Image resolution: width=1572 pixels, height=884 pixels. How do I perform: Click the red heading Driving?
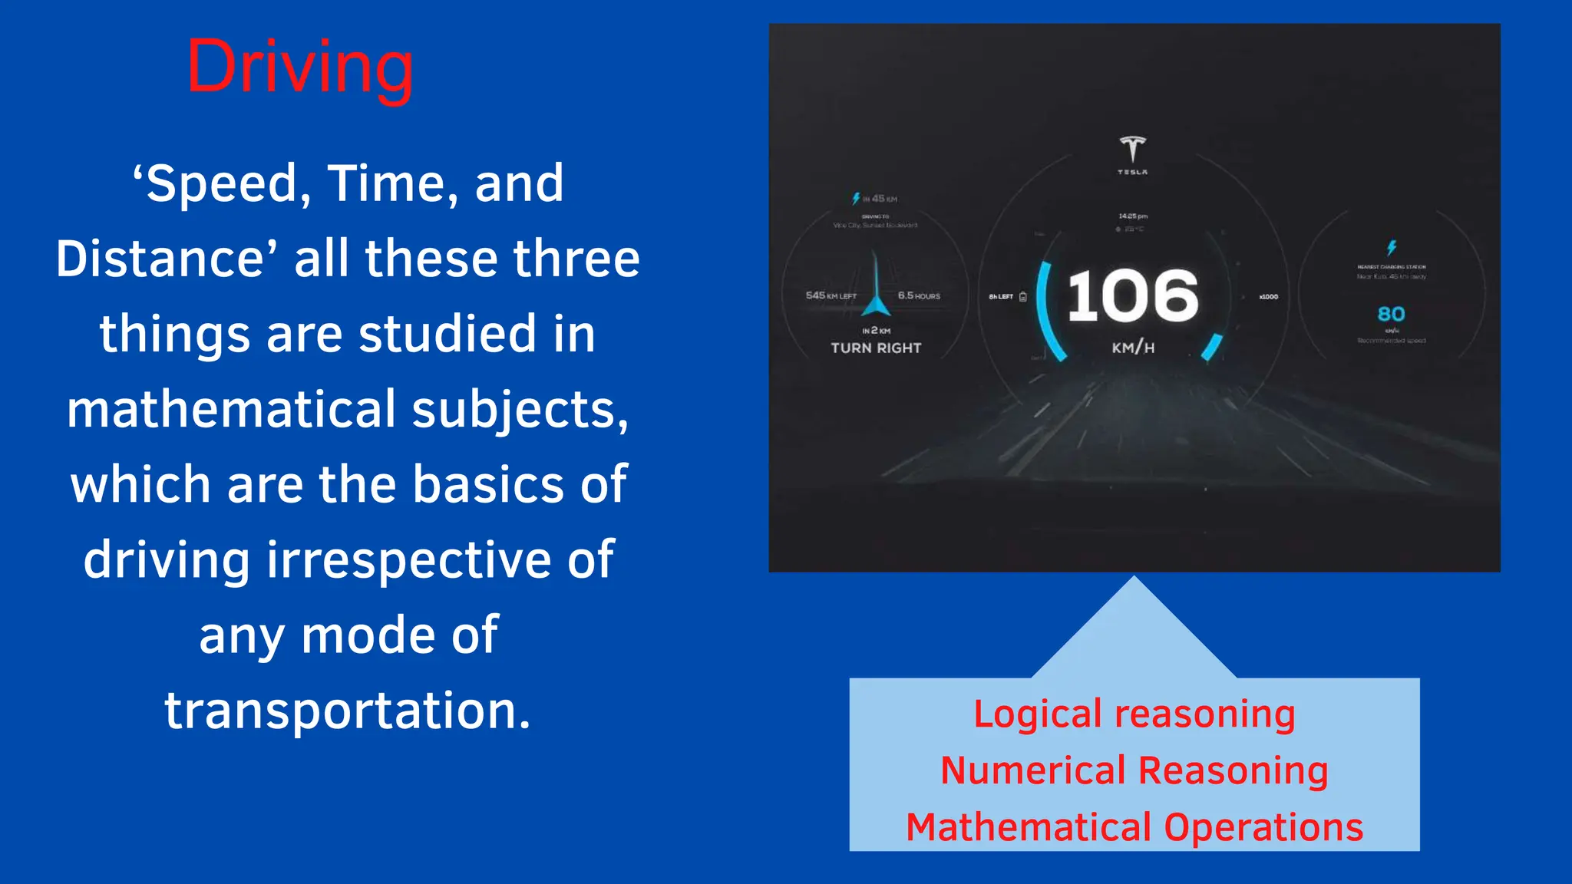click(x=300, y=68)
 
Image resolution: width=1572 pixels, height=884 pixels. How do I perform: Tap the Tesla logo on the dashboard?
click(x=1132, y=149)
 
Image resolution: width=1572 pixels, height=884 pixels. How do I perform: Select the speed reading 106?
click(x=1132, y=296)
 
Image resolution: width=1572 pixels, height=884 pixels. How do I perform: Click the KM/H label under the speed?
click(x=1133, y=348)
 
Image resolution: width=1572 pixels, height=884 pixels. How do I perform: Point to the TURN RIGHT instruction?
click(x=876, y=348)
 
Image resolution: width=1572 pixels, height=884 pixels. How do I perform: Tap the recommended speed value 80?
click(x=1391, y=314)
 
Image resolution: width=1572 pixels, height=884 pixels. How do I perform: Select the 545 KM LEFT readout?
click(x=831, y=295)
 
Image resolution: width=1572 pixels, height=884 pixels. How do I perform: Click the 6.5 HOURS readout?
click(x=919, y=295)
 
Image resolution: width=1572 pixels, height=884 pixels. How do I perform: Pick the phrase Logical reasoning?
click(x=1134, y=714)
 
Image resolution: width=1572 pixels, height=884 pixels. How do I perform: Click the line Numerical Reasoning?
click(x=1134, y=770)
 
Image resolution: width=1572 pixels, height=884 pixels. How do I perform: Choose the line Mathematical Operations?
click(x=1134, y=827)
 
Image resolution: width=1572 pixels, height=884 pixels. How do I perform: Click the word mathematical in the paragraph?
click(x=231, y=409)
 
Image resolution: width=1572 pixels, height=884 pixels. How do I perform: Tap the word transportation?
click(x=347, y=710)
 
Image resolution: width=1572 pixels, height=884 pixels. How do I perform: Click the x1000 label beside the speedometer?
click(x=1269, y=296)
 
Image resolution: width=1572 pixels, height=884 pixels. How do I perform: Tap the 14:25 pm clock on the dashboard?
click(x=1133, y=216)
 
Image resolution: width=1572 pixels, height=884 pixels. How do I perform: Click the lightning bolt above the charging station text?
click(x=1392, y=247)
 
